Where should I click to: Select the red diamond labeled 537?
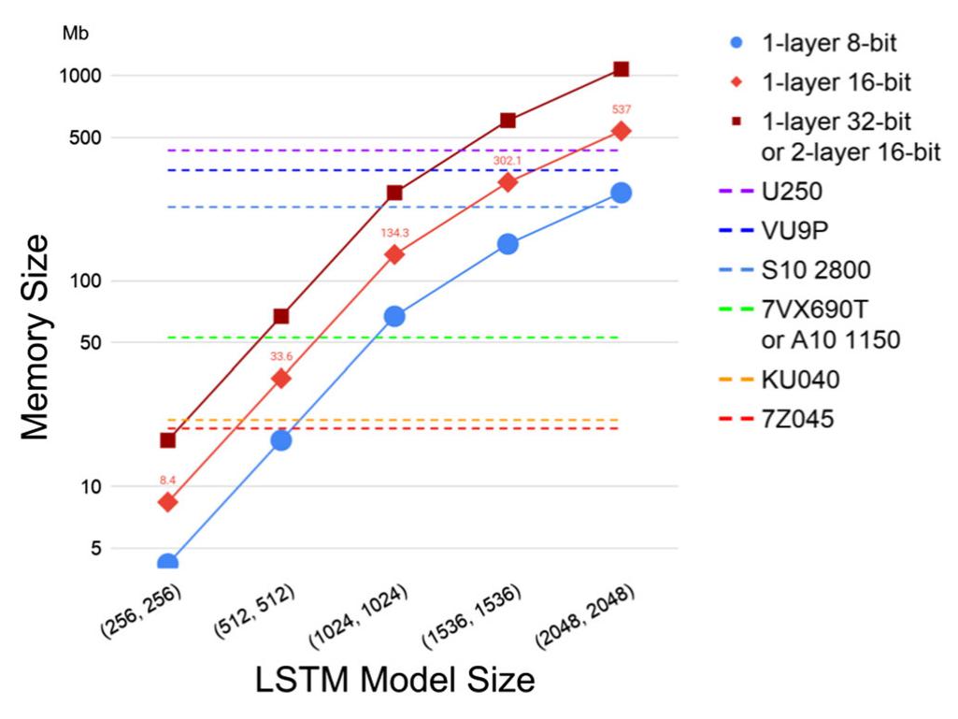click(x=621, y=131)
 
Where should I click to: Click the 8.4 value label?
click(x=168, y=480)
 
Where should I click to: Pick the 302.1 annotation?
click(x=508, y=160)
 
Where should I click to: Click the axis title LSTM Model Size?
click(x=395, y=680)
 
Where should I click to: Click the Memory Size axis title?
click(x=35, y=338)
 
